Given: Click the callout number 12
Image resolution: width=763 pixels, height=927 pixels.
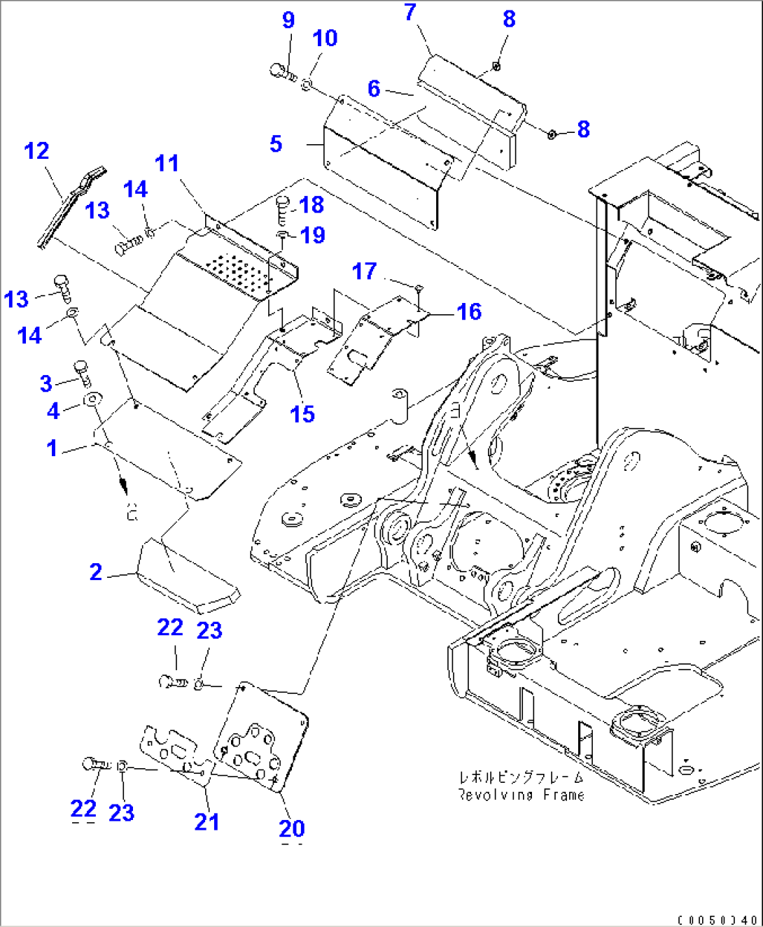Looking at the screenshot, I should point(36,150).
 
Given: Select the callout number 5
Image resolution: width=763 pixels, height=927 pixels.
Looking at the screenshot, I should point(276,144).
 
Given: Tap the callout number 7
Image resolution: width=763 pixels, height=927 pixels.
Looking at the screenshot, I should point(410,12).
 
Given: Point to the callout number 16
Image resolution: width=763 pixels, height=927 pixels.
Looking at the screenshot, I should point(469,311).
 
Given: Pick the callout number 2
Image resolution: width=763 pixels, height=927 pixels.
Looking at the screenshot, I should point(96,572).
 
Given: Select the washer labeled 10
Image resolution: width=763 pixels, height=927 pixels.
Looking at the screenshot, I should point(307,85).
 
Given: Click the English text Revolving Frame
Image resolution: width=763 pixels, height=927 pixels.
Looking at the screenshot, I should point(521,795).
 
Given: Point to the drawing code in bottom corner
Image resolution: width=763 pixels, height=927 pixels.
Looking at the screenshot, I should point(717,919).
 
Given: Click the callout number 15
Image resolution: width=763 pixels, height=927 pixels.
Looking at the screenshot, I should point(302,413).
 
